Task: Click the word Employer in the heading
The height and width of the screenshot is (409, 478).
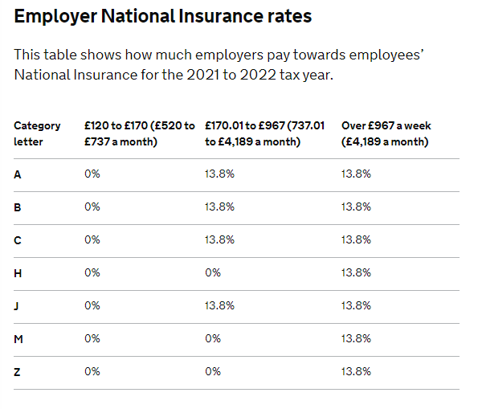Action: tap(55, 16)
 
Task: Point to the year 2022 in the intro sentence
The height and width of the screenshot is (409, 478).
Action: tap(258, 75)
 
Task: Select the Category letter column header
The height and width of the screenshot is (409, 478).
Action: tap(37, 133)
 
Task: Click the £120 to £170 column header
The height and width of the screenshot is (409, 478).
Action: tap(139, 133)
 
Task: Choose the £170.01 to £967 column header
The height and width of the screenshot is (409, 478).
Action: tap(264, 133)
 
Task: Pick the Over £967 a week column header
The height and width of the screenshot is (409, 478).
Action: tap(386, 133)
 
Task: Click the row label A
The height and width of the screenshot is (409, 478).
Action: tap(18, 174)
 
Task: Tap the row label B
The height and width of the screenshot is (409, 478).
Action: tap(18, 207)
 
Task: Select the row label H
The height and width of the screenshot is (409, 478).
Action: tap(18, 273)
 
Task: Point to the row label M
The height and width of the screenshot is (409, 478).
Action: tap(18, 339)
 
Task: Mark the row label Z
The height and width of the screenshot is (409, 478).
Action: tap(17, 372)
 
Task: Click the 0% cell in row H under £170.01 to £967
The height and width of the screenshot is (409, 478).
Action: tap(213, 272)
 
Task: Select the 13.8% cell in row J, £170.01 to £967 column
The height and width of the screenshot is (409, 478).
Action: tap(219, 305)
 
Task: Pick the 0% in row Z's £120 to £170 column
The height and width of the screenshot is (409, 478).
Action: tap(92, 371)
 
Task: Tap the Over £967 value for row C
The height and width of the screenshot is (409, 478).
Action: tap(356, 239)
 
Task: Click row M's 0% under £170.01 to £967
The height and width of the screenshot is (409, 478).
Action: tap(213, 338)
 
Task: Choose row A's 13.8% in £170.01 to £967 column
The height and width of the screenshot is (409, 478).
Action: tap(219, 174)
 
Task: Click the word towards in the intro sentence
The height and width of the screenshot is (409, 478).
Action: tap(319, 55)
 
